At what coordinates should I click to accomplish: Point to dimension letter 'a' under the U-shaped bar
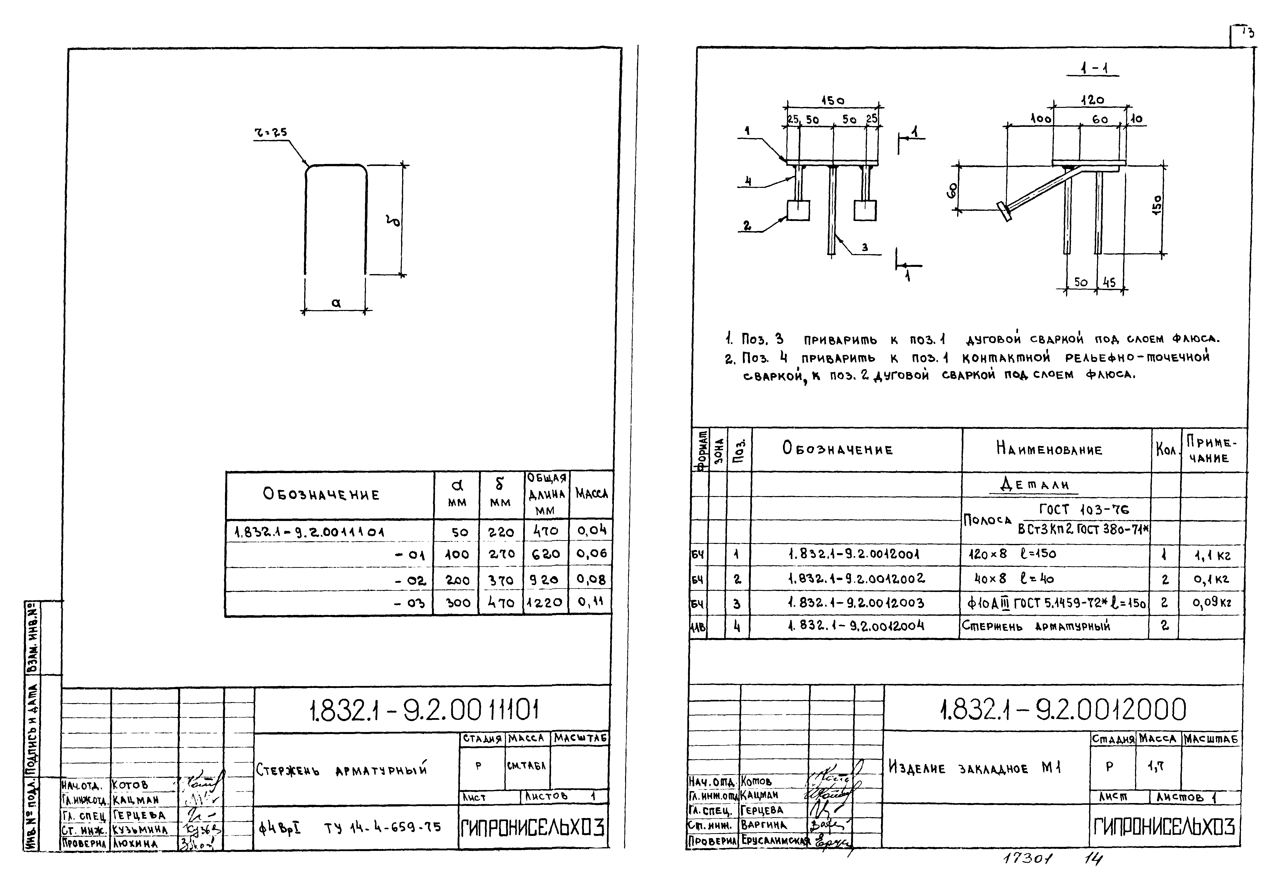pyautogui.click(x=336, y=302)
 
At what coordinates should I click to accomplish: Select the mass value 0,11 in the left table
pyautogui.click(x=590, y=601)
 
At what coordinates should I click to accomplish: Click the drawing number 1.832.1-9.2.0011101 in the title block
pyautogui.click(x=423, y=710)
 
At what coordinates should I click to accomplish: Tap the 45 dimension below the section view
pyautogui.click(x=1109, y=282)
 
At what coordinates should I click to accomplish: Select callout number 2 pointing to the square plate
pyautogui.click(x=747, y=225)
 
